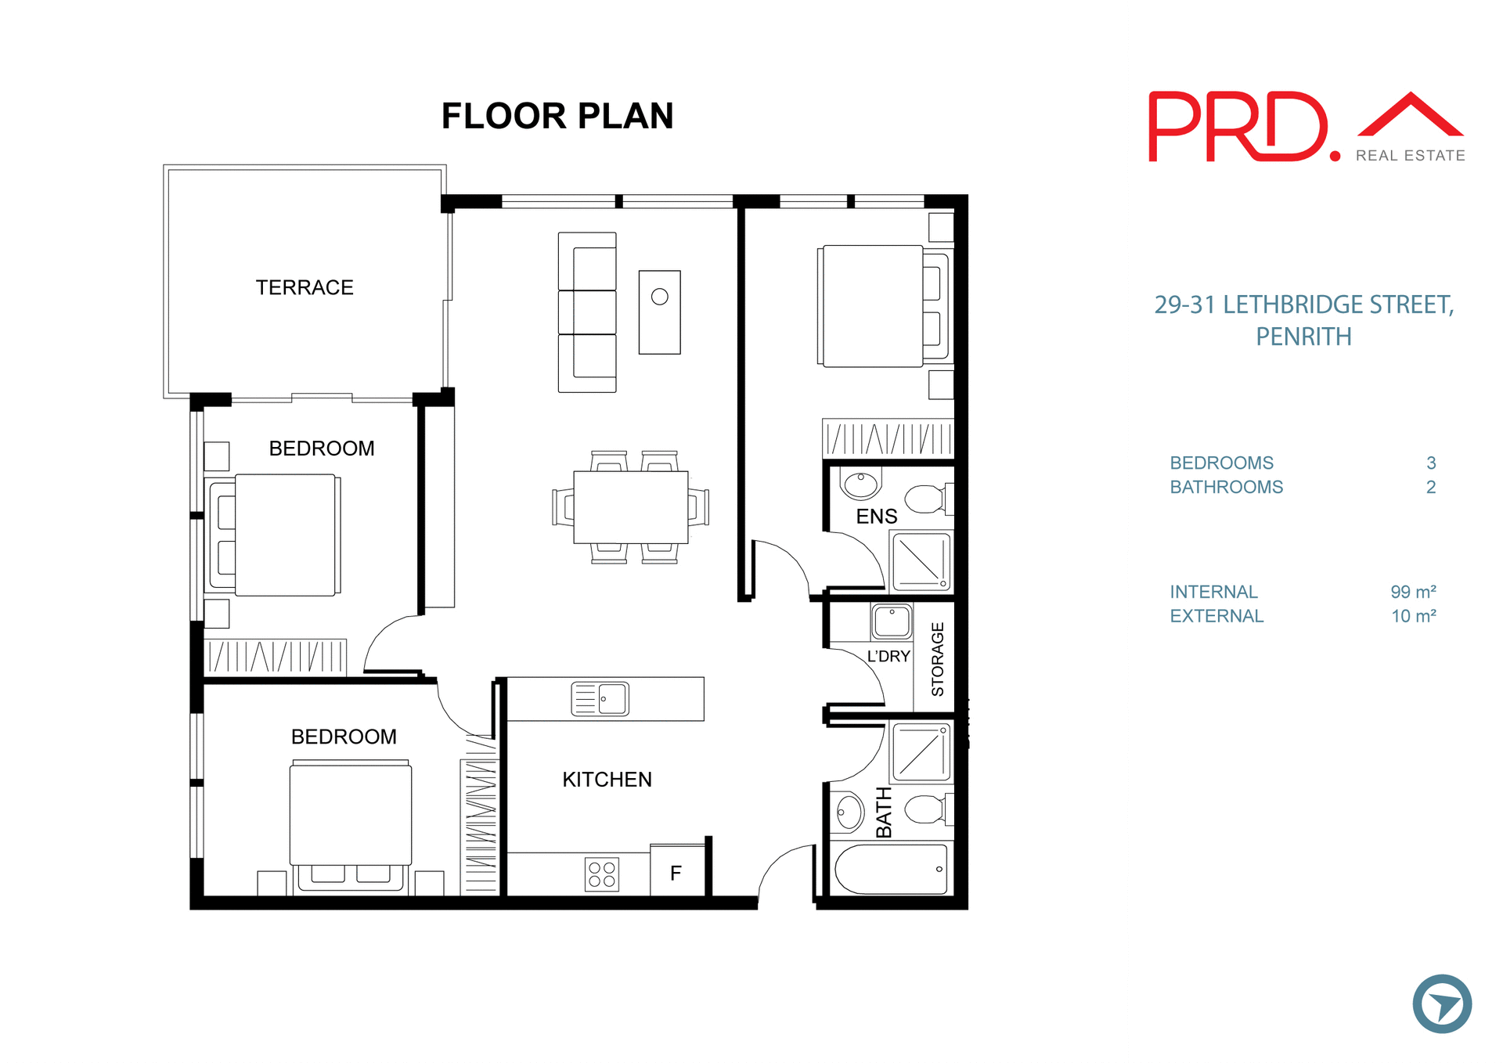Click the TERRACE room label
[305, 287]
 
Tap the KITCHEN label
[607, 780]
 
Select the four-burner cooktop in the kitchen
[602, 874]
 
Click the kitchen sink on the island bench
[600, 698]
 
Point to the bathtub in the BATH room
[891, 869]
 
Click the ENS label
[876, 517]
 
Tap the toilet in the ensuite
[926, 499]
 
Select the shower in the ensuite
[921, 561]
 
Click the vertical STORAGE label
[937, 659]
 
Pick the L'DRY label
[888, 656]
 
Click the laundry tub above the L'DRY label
[892, 622]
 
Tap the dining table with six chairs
[630, 507]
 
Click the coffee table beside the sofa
[659, 312]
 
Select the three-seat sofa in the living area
[587, 312]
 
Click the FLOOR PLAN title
[557, 117]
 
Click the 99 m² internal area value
[1412, 592]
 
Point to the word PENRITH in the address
[1303, 337]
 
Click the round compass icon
[1441, 1004]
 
